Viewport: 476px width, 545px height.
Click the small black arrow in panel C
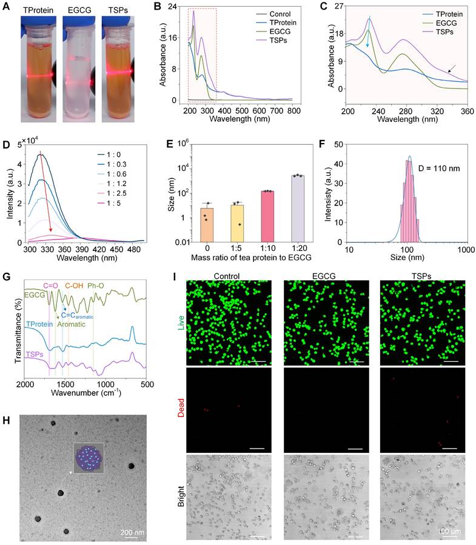coord(451,70)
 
